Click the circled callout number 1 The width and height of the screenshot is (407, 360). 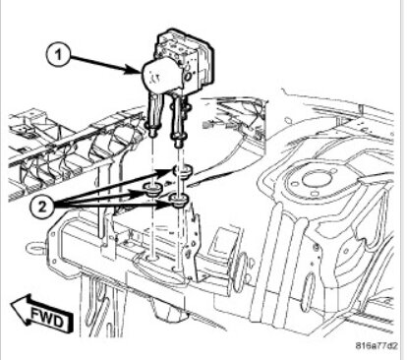[x=59, y=55]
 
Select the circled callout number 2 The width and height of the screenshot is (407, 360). [x=42, y=207]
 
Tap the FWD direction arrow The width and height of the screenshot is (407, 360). [x=41, y=313]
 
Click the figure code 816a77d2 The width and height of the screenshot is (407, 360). [x=377, y=346]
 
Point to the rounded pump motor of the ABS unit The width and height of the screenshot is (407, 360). [x=159, y=77]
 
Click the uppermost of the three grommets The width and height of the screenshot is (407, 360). [x=182, y=172]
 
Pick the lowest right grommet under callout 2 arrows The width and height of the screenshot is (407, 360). [x=179, y=201]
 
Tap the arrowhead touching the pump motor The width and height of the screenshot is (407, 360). [x=135, y=70]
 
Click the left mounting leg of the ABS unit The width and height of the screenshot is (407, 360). [x=153, y=113]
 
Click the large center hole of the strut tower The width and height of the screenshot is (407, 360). [x=314, y=180]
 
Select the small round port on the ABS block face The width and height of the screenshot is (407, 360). [x=189, y=77]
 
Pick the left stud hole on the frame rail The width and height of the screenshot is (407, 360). [x=152, y=259]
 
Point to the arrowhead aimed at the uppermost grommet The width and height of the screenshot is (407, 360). [x=168, y=172]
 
